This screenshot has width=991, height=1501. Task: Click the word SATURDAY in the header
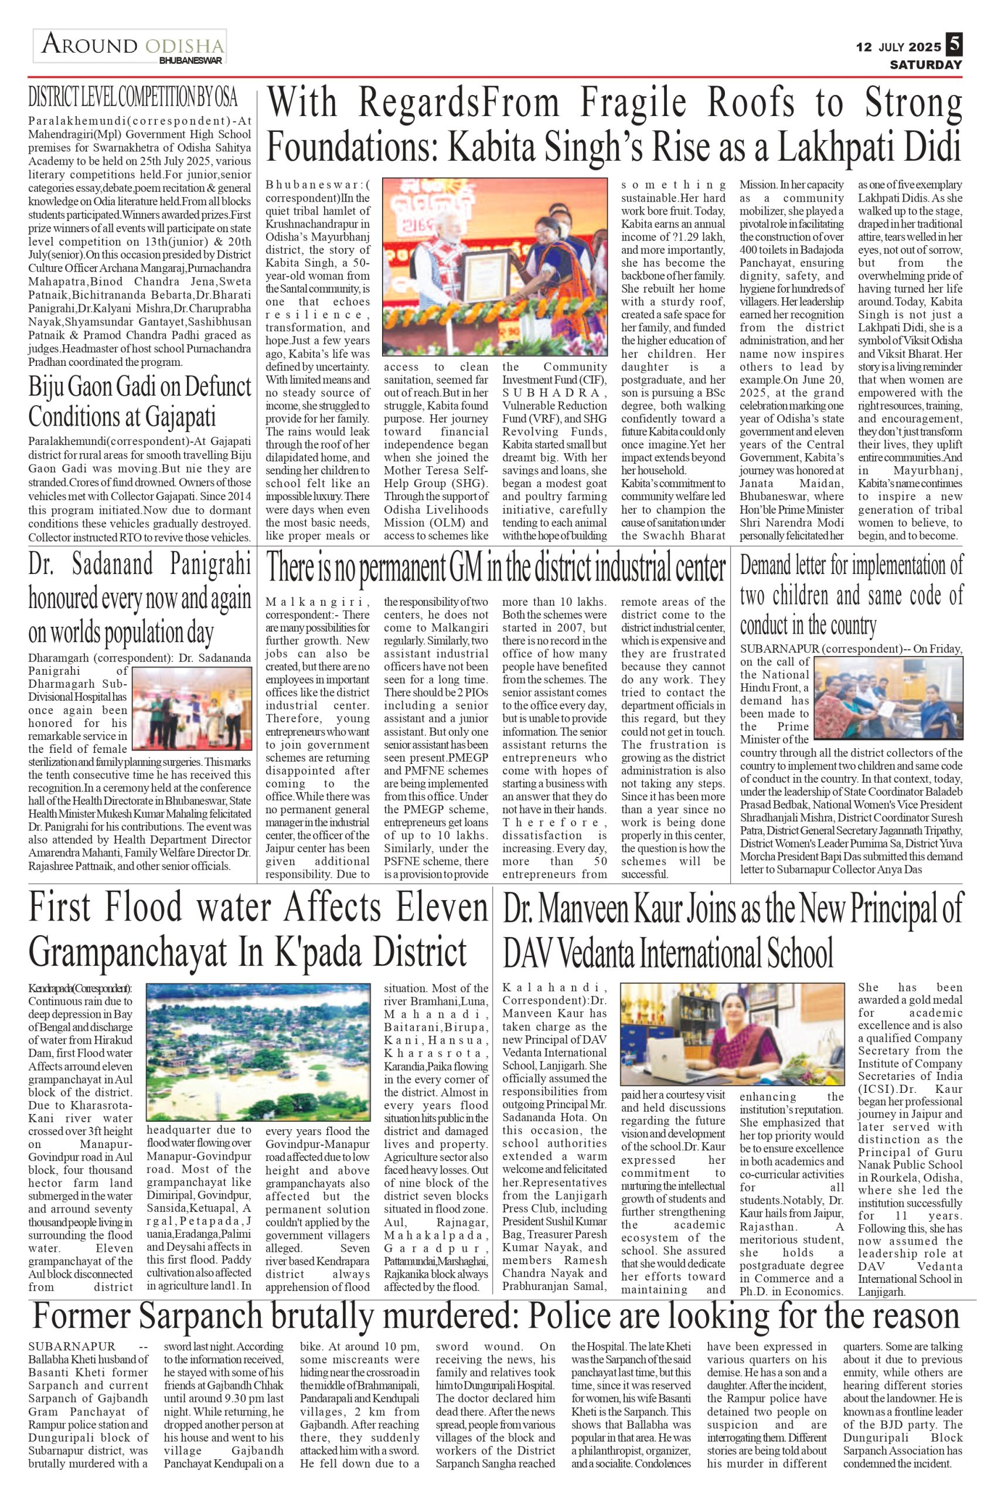point(925,64)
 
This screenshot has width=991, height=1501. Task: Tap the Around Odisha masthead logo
point(131,45)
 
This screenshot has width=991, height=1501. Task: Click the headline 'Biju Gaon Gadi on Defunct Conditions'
point(139,403)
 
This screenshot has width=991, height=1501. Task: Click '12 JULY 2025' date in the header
point(898,47)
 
